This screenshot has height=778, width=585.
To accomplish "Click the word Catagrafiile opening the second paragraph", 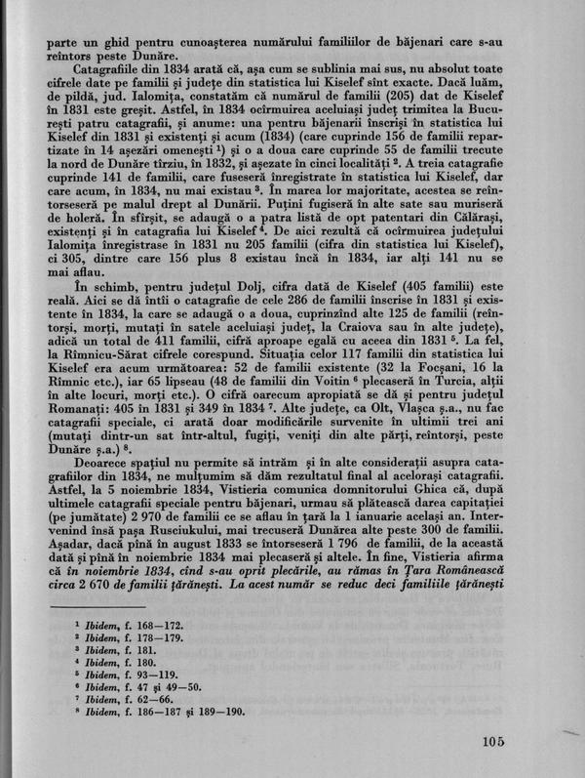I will click(104, 72).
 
